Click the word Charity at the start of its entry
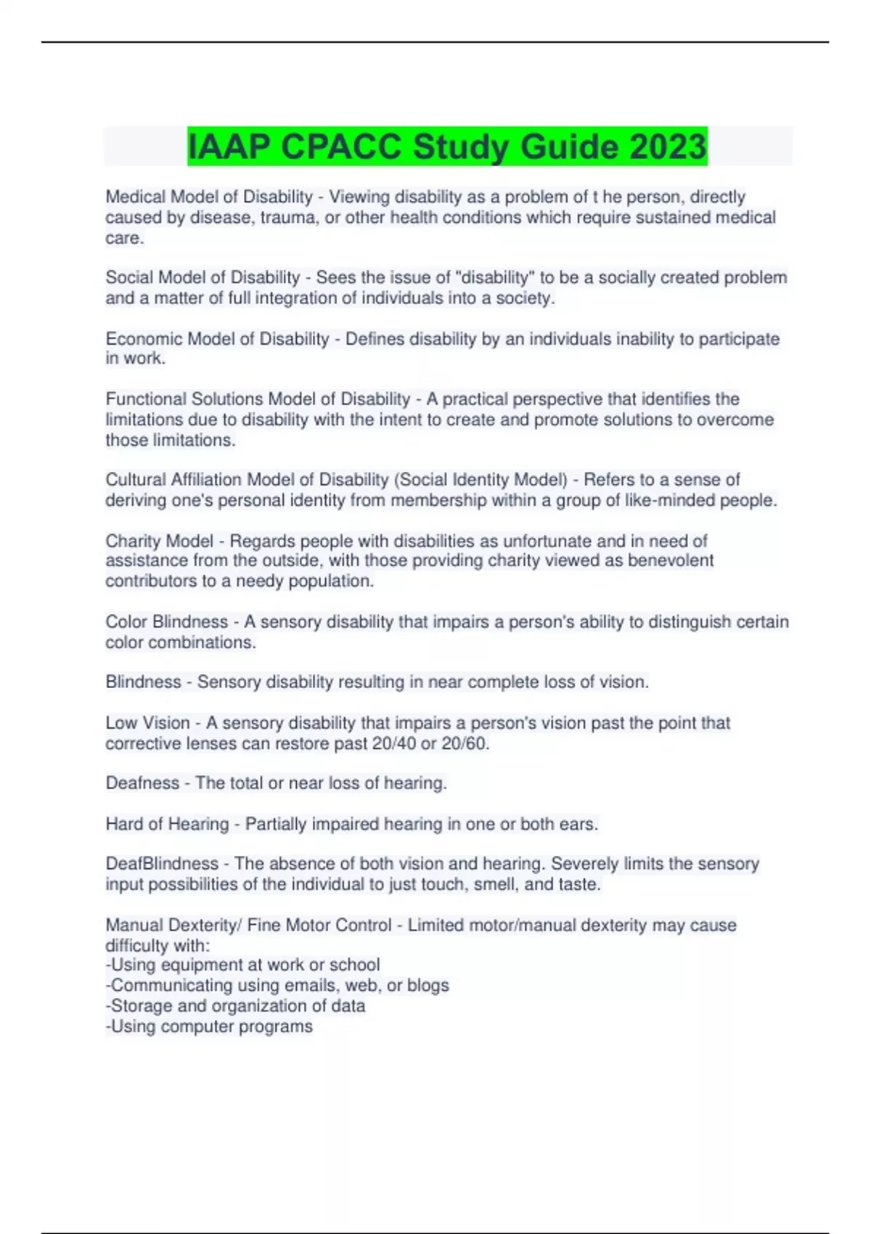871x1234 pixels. pyautogui.click(x=132, y=542)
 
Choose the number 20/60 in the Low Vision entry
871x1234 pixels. pyautogui.click(x=465, y=744)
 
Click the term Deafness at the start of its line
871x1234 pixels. pyautogui.click(x=142, y=783)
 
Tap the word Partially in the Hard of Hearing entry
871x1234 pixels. pyautogui.click(x=276, y=825)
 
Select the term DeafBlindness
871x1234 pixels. pyautogui.click(x=162, y=864)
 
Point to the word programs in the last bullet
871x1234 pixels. pyautogui.click(x=282, y=1026)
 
